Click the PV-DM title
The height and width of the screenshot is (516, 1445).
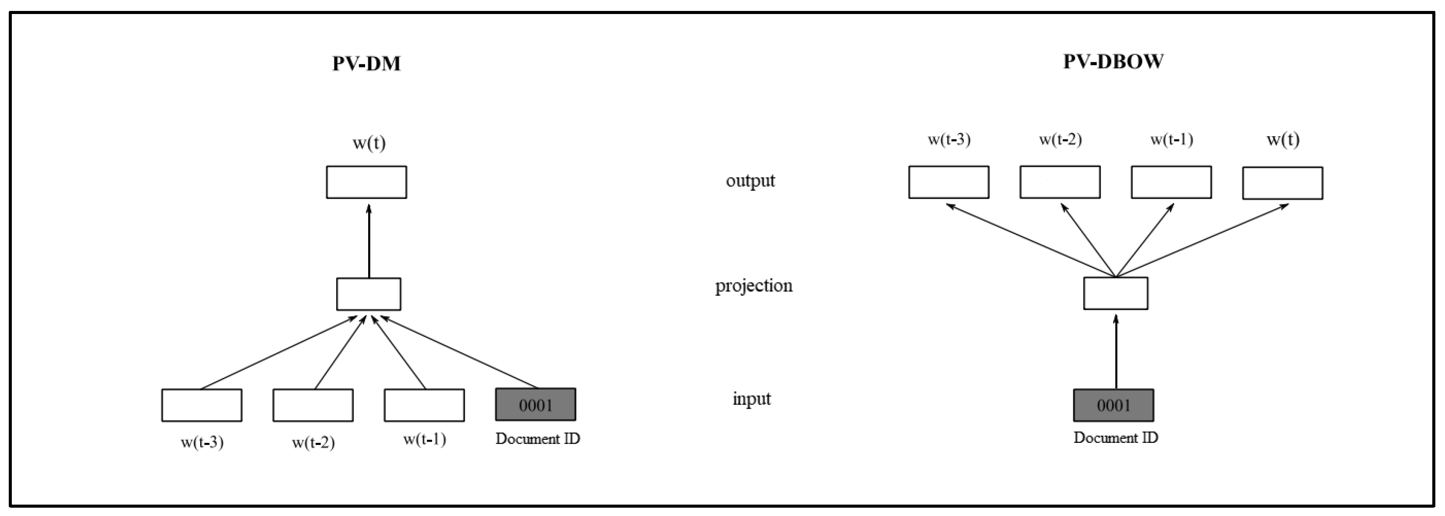[x=366, y=64]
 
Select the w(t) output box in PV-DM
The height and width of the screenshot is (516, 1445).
[x=366, y=182]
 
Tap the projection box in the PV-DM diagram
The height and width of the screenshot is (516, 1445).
[x=369, y=293]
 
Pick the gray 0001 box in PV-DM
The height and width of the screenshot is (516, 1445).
[x=535, y=404]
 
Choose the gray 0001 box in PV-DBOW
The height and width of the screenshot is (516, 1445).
[x=1114, y=405]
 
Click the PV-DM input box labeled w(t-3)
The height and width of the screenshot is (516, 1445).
[x=201, y=405]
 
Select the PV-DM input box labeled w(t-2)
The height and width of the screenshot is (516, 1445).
[x=313, y=405]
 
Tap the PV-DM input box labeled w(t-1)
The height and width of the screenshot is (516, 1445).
[x=424, y=405]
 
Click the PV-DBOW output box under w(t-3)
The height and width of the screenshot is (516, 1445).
[x=948, y=182]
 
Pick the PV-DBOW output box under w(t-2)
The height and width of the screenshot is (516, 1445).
[x=1060, y=182]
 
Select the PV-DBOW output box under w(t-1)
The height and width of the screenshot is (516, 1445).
[x=1171, y=182]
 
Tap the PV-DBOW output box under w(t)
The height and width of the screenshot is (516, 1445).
[x=1282, y=183]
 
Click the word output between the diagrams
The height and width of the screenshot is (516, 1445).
[x=750, y=180]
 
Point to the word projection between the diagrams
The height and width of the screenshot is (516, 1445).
[x=753, y=286]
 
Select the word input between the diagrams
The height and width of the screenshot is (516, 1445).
[x=752, y=399]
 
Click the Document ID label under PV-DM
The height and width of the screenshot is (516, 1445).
[x=537, y=438]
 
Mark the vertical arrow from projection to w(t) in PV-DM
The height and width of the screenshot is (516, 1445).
[x=369, y=241]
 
